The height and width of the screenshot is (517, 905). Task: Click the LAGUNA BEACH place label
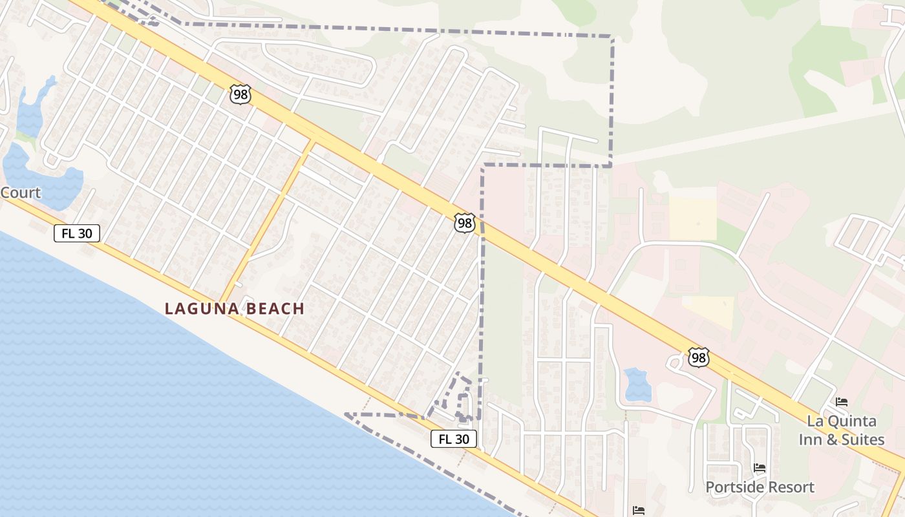(x=235, y=308)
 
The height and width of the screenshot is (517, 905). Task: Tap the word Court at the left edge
(x=20, y=193)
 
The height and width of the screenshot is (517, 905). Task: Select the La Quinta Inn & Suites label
(x=846, y=430)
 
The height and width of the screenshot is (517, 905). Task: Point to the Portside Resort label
(x=760, y=487)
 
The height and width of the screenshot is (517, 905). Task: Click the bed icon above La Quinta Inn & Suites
(x=841, y=402)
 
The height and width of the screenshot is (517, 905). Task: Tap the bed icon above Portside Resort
(x=760, y=468)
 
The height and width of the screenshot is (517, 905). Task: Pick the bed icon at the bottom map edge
(x=639, y=511)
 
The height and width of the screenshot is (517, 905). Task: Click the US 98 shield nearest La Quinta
(x=699, y=357)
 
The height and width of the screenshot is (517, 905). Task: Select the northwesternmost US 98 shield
(x=240, y=95)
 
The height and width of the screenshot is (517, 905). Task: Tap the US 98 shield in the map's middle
(x=464, y=224)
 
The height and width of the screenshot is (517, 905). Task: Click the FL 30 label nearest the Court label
(x=77, y=233)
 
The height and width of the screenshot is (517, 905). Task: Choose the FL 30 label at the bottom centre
(x=454, y=439)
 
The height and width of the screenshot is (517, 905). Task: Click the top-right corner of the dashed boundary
(x=612, y=37)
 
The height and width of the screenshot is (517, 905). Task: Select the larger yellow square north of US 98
(x=693, y=218)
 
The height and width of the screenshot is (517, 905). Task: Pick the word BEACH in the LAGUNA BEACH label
(x=273, y=308)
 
